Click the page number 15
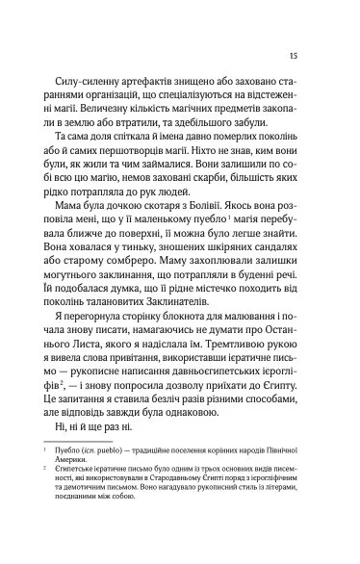305,56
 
